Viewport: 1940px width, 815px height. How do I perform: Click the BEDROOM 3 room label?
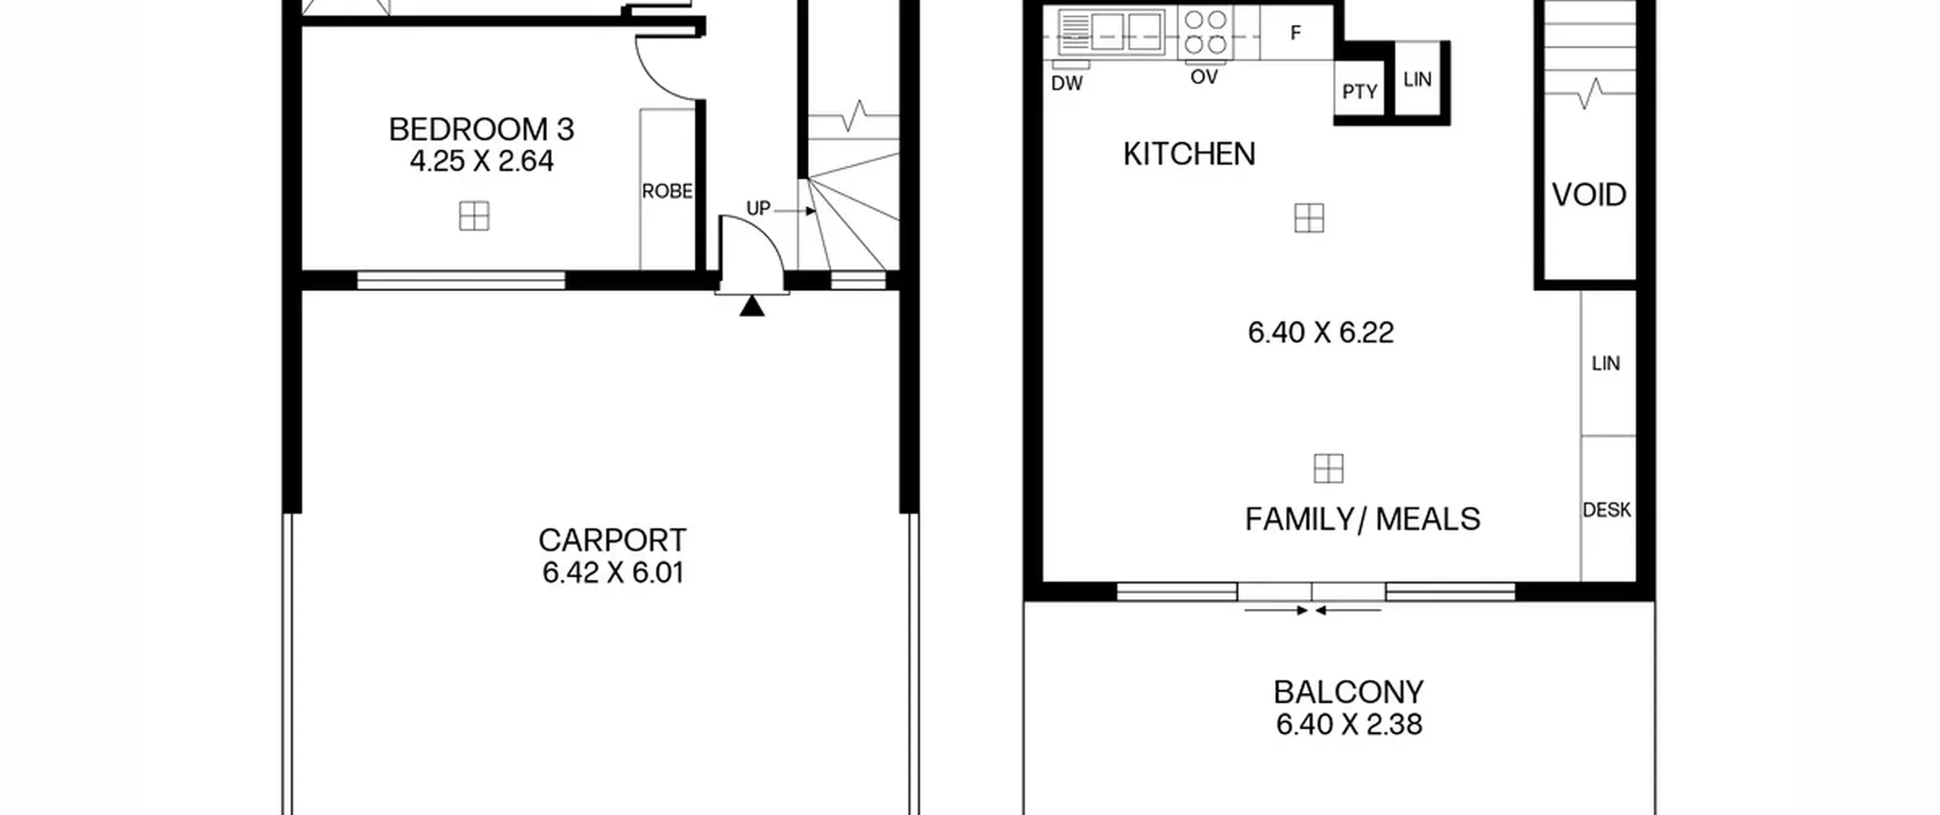tap(481, 130)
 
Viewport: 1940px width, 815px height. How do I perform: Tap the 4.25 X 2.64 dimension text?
tap(481, 161)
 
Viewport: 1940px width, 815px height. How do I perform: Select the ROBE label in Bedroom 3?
tap(667, 192)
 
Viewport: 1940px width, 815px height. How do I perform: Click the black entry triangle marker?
tap(752, 306)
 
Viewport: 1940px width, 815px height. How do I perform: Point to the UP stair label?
tap(759, 208)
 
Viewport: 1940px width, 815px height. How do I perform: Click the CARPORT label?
tap(612, 541)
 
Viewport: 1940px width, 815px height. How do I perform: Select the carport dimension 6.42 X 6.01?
tap(613, 572)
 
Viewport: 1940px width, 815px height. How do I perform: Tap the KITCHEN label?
tap(1189, 155)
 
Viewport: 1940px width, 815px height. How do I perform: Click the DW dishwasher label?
tap(1067, 83)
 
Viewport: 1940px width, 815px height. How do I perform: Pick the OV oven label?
tap(1204, 77)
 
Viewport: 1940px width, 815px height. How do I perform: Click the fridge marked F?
tap(1296, 33)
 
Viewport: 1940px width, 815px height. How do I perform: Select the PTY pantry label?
tap(1360, 92)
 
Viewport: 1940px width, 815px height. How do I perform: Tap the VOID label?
tap(1589, 196)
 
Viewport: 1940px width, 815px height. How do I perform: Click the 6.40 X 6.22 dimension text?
tap(1321, 333)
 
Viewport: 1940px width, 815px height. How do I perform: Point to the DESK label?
tap(1607, 510)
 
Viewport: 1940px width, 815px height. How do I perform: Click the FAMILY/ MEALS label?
tap(1363, 520)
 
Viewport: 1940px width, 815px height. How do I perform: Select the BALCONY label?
tap(1349, 692)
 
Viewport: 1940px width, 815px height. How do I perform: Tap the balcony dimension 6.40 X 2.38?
tap(1349, 725)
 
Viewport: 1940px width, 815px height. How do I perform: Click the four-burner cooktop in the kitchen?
tap(1206, 32)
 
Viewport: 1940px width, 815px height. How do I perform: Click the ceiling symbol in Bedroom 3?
tap(474, 216)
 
